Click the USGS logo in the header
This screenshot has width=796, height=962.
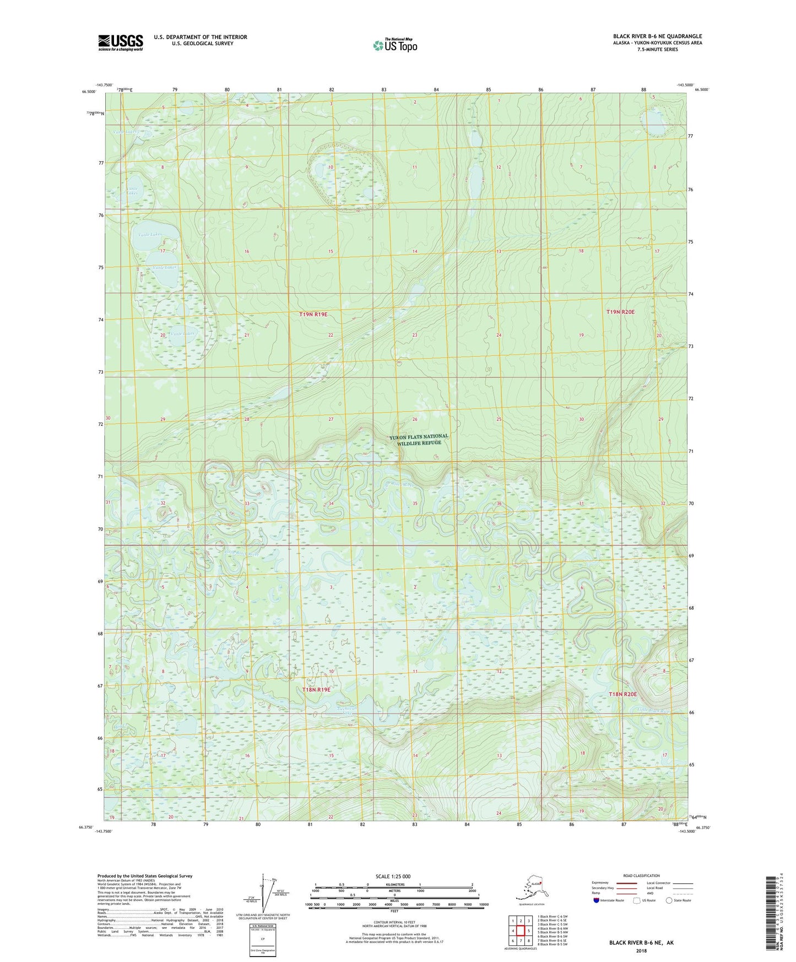click(120, 42)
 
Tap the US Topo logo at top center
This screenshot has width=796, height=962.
click(394, 45)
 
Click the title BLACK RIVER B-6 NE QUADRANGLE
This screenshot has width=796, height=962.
click(657, 36)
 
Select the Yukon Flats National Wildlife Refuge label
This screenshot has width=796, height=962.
click(419, 439)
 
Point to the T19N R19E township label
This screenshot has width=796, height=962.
click(313, 314)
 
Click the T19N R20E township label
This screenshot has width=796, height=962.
click(620, 312)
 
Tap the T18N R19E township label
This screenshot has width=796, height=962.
click(316, 689)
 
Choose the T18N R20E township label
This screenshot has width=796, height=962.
click(622, 694)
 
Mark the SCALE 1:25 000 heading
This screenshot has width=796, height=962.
click(393, 876)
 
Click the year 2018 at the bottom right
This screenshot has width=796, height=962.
click(641, 951)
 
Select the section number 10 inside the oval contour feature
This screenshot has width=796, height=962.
click(331, 167)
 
